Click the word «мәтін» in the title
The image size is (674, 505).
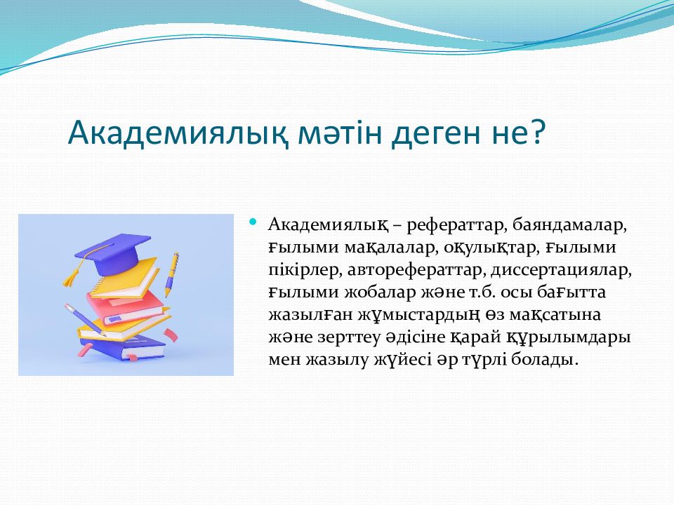pyautogui.click(x=340, y=133)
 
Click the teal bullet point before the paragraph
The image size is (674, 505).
pyautogui.click(x=253, y=222)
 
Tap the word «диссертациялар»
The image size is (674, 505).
pyautogui.click(x=561, y=271)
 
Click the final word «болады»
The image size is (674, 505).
pyautogui.click(x=544, y=360)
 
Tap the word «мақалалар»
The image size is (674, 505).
pyautogui.click(x=392, y=248)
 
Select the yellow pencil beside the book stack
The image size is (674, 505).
pyautogui.click(x=171, y=274)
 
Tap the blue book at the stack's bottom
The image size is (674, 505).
pyautogui.click(x=123, y=347)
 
